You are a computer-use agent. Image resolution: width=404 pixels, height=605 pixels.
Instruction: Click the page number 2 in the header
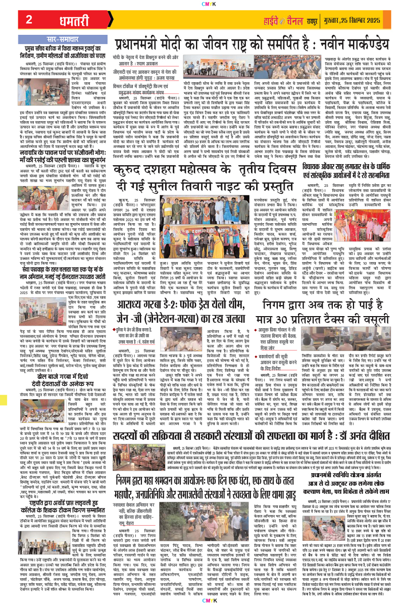(x=29, y=19)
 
